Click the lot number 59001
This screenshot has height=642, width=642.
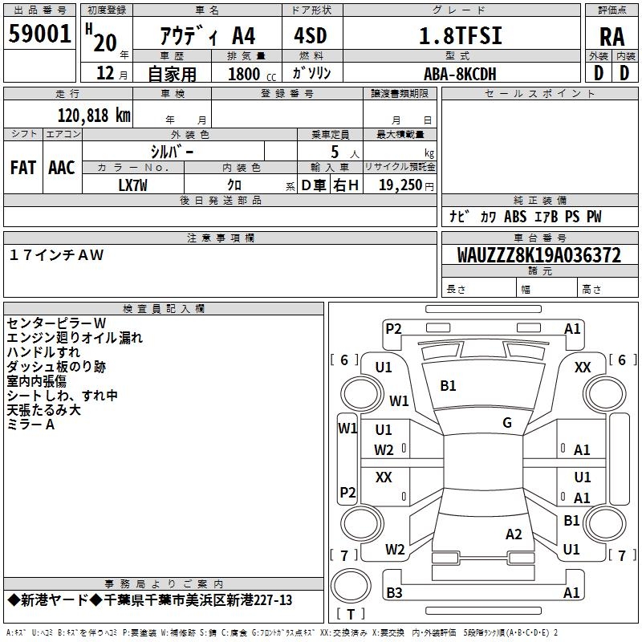(39, 34)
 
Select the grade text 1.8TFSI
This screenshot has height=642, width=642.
(461, 35)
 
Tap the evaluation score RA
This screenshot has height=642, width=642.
(612, 37)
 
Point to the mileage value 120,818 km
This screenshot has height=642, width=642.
(94, 116)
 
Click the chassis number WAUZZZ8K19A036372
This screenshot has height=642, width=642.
(539, 255)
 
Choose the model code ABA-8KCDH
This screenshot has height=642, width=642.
(460, 74)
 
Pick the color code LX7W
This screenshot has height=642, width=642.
(132, 185)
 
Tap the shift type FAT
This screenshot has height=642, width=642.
(23, 168)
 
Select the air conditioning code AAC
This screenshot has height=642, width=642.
(62, 168)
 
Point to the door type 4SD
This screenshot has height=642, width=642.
(311, 35)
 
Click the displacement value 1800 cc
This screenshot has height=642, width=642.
(252, 74)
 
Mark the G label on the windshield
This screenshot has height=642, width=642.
(507, 423)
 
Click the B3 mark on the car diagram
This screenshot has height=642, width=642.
(394, 592)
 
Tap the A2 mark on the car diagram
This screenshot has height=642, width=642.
(514, 534)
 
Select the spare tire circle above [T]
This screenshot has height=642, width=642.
(351, 586)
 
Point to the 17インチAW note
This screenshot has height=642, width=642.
(56, 255)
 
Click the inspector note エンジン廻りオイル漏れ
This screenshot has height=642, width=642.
(75, 338)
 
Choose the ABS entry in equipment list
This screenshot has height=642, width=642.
(515, 217)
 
